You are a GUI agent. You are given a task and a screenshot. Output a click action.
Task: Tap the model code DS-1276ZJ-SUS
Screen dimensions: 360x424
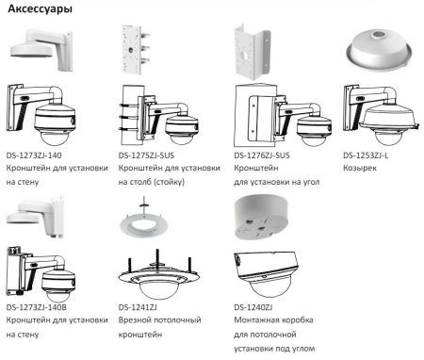point(263,152)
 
